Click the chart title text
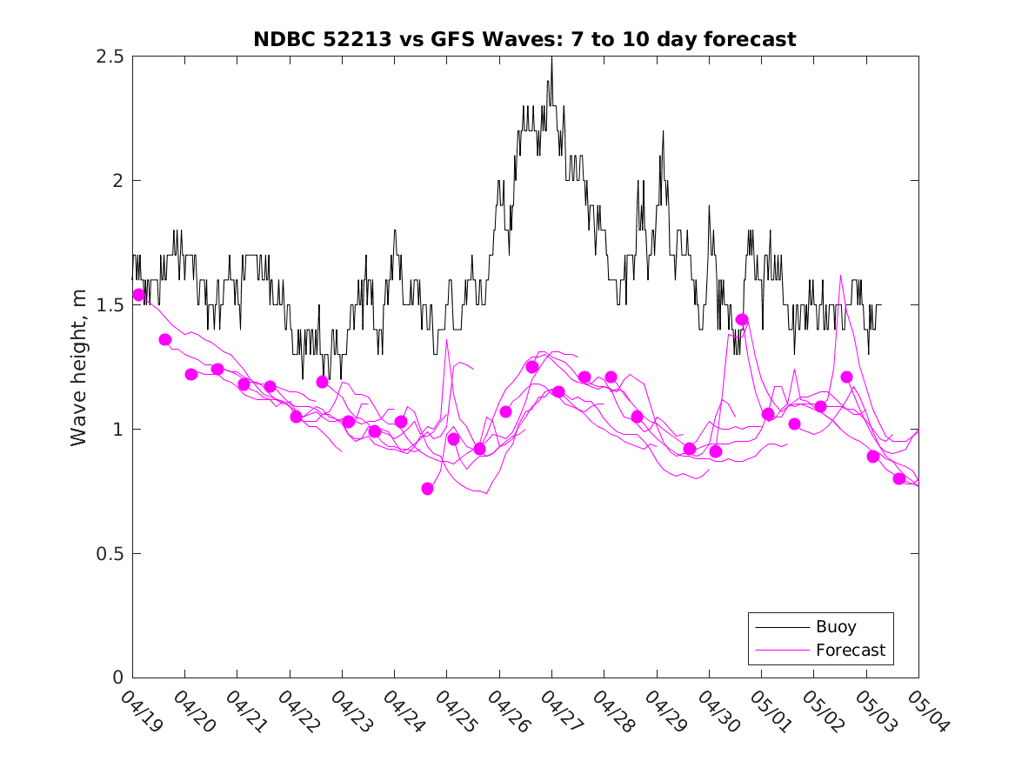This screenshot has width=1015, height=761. [524, 40]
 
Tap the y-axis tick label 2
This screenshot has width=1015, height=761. [117, 181]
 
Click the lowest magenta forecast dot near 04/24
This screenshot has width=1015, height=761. [427, 489]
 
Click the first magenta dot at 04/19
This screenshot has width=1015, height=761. [138, 295]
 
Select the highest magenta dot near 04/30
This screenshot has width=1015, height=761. [742, 320]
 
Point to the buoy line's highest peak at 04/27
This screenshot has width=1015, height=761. [551, 57]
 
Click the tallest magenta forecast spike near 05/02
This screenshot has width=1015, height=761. [840, 276]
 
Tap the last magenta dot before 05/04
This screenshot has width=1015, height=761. [899, 478]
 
